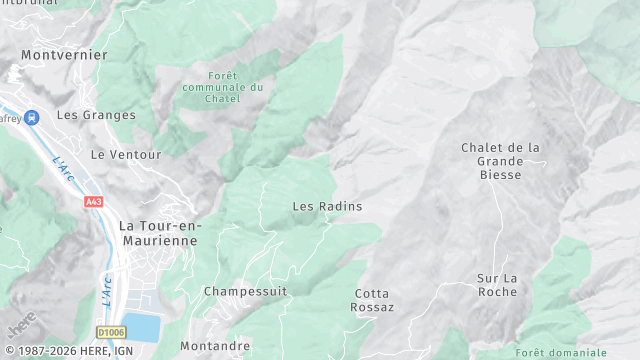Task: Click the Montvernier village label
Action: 64,55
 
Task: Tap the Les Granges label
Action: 96,115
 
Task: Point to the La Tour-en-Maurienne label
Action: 160,232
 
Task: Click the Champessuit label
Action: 245,291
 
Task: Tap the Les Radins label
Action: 327,206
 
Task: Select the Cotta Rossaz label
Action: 374,300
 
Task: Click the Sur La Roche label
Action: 497,284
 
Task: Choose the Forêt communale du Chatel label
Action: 237,87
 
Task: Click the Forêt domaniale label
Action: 561,352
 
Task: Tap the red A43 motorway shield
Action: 94,202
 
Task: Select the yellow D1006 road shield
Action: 111,331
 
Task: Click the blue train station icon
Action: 32,117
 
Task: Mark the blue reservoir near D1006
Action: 143,327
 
